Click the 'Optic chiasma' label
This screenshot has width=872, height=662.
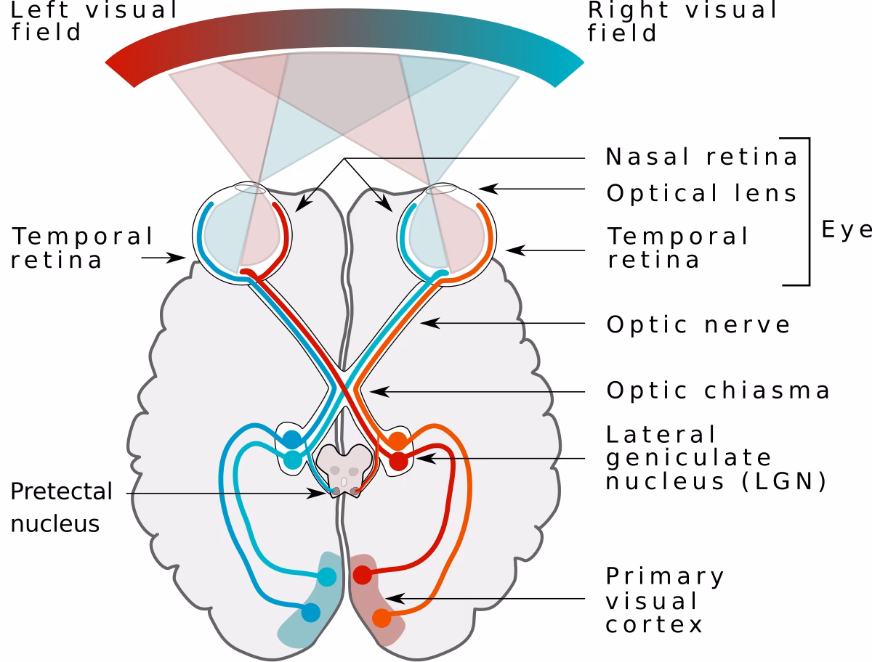718,391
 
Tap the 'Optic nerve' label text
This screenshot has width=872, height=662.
698,324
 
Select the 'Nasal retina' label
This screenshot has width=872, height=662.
701,156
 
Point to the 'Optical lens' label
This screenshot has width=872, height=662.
702,193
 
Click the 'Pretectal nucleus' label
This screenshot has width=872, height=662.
62,507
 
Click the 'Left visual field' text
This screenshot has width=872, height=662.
94,21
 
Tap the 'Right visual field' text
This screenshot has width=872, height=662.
683,21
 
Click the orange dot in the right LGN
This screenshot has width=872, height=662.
398,440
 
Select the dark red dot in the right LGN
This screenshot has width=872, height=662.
398,460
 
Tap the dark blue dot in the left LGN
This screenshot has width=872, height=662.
292,438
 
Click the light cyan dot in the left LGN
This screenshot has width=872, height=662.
292,459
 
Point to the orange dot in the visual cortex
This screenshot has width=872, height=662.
381,618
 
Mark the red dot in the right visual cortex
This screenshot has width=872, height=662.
362,576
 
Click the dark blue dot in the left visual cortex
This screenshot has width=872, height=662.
311,613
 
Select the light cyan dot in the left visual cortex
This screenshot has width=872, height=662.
328,577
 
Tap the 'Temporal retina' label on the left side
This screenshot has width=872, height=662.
82,248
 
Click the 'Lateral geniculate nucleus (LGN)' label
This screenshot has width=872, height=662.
716,458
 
